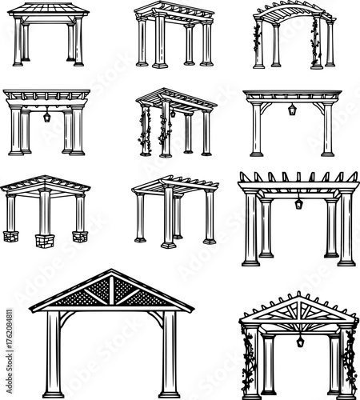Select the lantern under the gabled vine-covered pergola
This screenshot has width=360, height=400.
coord(299,341)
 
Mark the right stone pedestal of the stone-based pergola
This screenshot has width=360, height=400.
coord(79,236)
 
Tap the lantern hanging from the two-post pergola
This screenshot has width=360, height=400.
coord(293,109)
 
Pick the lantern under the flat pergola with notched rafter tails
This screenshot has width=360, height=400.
coord(298,204)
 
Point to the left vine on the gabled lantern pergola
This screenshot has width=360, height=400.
coord(248,360)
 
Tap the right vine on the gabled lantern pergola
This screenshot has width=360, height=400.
coord(350,360)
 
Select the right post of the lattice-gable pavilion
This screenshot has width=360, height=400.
coord(169,352)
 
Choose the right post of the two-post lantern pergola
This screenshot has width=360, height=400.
coord(326,128)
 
